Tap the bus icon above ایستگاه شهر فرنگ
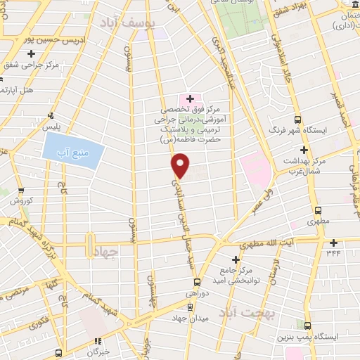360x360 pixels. coord(297,119)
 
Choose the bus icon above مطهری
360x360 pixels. coord(318,210)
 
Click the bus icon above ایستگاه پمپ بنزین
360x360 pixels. coord(307,325)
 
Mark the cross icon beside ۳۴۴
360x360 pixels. coord(332,243)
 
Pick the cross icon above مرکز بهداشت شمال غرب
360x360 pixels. coord(303,150)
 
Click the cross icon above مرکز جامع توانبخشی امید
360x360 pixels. coord(235,259)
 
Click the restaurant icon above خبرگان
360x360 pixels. coord(98,342)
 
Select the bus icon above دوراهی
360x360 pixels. coord(188,306)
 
